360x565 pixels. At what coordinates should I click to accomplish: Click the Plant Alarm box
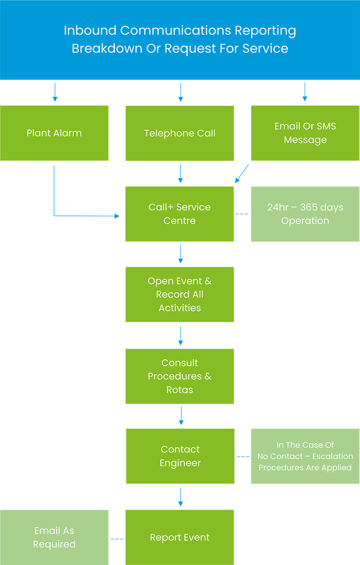pyautogui.click(x=54, y=133)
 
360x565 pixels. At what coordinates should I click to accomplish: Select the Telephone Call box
pyautogui.click(x=180, y=133)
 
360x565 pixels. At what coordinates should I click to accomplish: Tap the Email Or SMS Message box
pyautogui.click(x=305, y=133)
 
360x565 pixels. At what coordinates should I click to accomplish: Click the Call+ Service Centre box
pyautogui.click(x=180, y=214)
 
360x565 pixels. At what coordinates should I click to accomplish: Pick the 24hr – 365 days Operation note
pyautogui.click(x=305, y=214)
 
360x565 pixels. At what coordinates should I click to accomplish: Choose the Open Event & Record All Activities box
pyautogui.click(x=180, y=294)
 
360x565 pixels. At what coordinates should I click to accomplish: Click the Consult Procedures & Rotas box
pyautogui.click(x=180, y=377)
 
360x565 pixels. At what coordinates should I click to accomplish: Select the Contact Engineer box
pyautogui.click(x=180, y=456)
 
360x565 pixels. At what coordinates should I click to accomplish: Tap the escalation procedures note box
pyautogui.click(x=305, y=456)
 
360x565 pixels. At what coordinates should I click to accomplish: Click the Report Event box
pyautogui.click(x=180, y=537)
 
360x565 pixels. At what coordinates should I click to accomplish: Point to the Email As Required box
pyautogui.click(x=54, y=537)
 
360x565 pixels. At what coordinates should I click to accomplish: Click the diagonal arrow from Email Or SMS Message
pyautogui.click(x=242, y=174)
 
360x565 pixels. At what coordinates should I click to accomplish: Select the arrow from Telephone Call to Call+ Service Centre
pyautogui.click(x=180, y=174)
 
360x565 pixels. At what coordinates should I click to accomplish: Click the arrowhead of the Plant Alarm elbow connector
pyautogui.click(x=117, y=216)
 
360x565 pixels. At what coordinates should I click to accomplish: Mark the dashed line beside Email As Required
pyautogui.click(x=117, y=539)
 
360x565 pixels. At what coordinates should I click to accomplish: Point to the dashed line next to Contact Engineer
pyautogui.click(x=243, y=457)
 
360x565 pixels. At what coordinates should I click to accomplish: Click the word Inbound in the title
pyautogui.click(x=90, y=31)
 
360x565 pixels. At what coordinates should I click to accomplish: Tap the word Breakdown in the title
pyautogui.click(x=107, y=48)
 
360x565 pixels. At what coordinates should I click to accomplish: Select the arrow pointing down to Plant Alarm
pyautogui.click(x=55, y=92)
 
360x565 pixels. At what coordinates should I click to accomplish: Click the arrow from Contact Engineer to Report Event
pyautogui.click(x=180, y=497)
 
